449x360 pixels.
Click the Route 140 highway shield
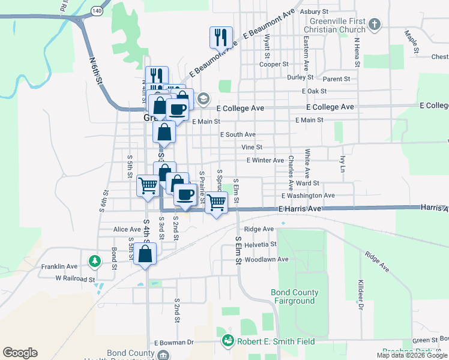[96, 11]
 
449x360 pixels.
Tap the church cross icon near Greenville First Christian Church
[375, 25]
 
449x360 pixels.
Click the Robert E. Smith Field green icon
[228, 341]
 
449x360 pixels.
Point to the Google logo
[20, 353]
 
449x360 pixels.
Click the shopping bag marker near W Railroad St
[145, 254]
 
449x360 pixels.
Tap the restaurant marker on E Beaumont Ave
[221, 37]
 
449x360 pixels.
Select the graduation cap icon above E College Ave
[203, 98]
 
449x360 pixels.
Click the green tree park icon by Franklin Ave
[94, 262]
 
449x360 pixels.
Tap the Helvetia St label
[261, 244]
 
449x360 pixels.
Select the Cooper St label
[274, 64]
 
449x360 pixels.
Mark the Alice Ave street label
[127, 229]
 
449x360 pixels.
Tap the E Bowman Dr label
[174, 343]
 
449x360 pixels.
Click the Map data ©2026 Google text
[412, 355]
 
